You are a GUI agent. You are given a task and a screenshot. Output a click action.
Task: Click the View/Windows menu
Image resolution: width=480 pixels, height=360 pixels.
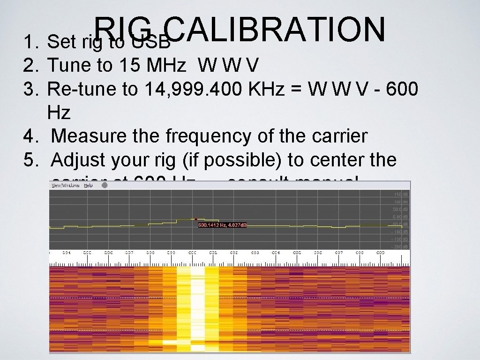(x=66, y=185)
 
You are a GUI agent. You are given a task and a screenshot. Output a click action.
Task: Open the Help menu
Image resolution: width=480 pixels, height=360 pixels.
(x=88, y=185)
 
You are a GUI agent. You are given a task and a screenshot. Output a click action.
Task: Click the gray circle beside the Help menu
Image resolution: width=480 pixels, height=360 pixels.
(x=105, y=185)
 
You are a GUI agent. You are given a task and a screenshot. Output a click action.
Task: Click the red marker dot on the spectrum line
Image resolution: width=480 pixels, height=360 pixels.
(x=196, y=219)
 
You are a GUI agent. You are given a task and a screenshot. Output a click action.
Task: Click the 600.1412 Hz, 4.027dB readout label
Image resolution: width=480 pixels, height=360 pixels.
(x=223, y=225)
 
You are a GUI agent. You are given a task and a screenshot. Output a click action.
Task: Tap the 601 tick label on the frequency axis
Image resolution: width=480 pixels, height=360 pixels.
(x=213, y=253)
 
